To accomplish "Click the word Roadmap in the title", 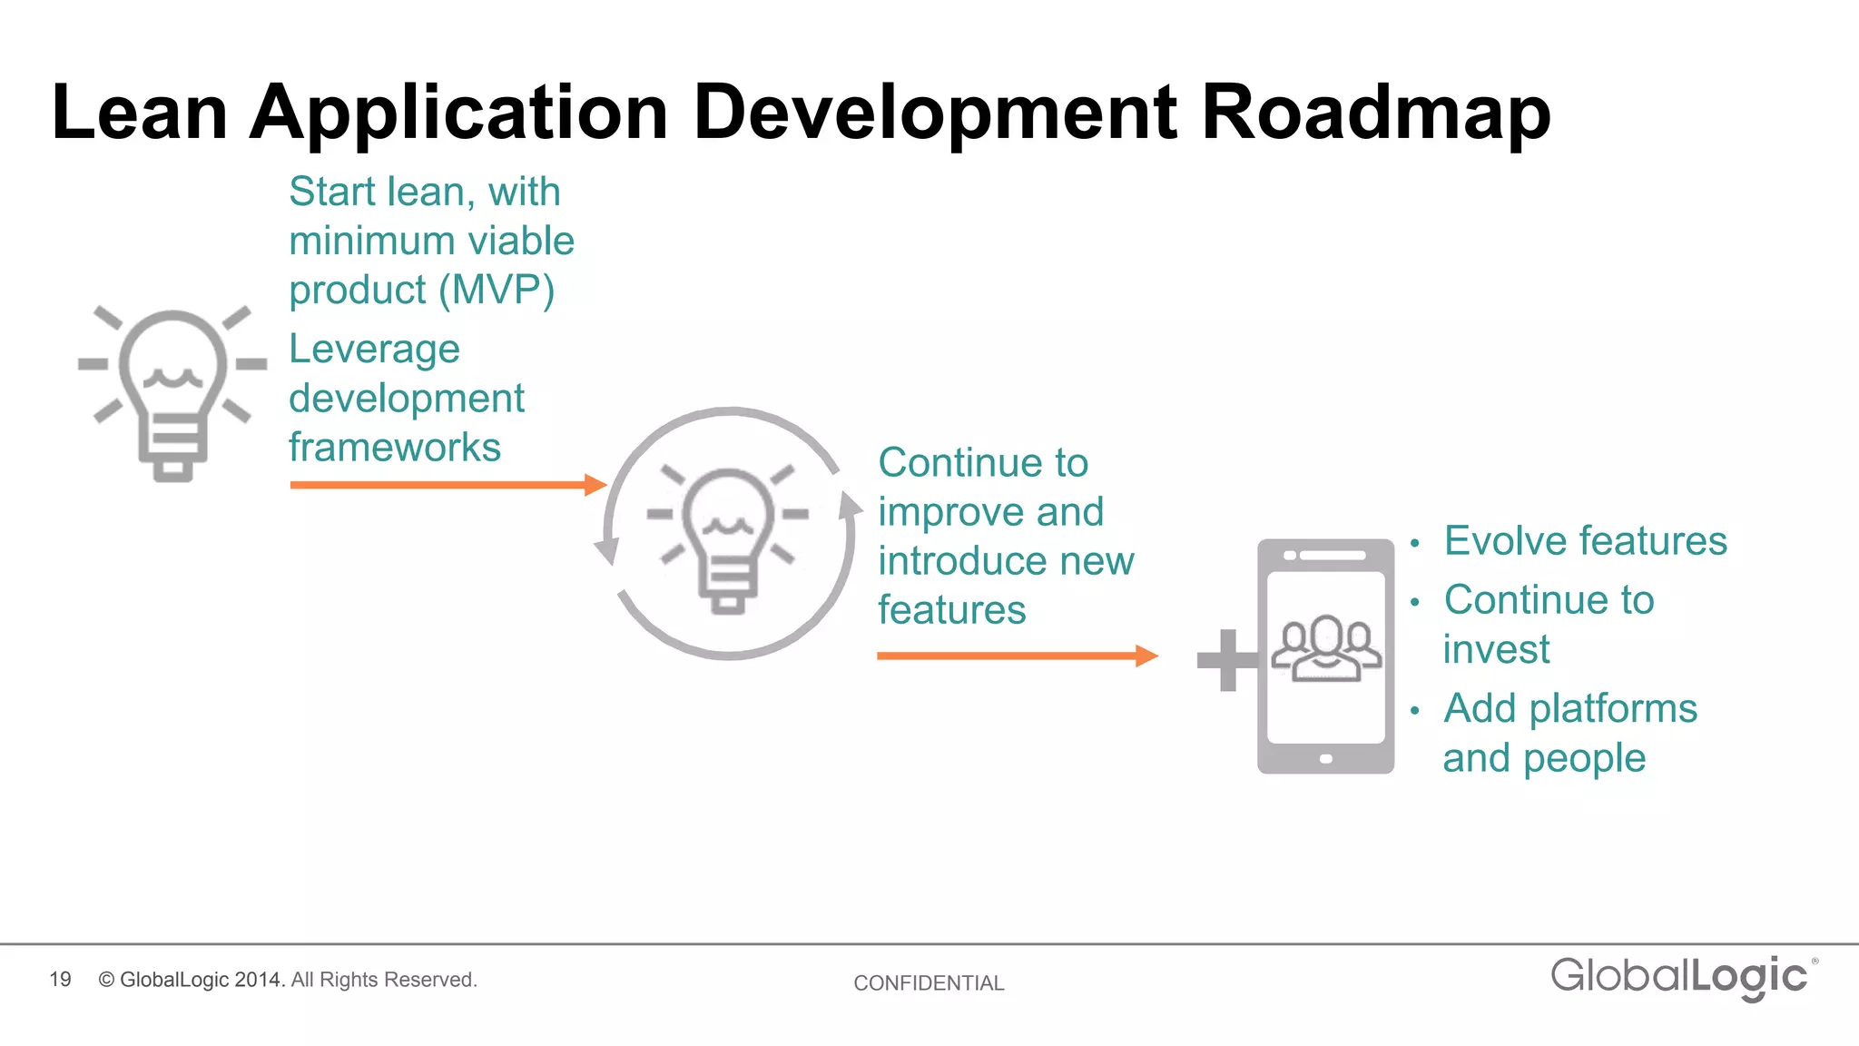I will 1375,113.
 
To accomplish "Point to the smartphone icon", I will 1325,656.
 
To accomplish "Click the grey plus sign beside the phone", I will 1227,660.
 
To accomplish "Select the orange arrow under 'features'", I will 1017,656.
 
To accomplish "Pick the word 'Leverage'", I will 374,350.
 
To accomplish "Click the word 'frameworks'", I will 395,448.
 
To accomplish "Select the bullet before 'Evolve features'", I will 1414,544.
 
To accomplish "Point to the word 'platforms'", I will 1612,709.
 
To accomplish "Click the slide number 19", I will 60,980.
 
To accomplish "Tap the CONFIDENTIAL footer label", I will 929,983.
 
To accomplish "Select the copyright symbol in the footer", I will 106,980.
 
